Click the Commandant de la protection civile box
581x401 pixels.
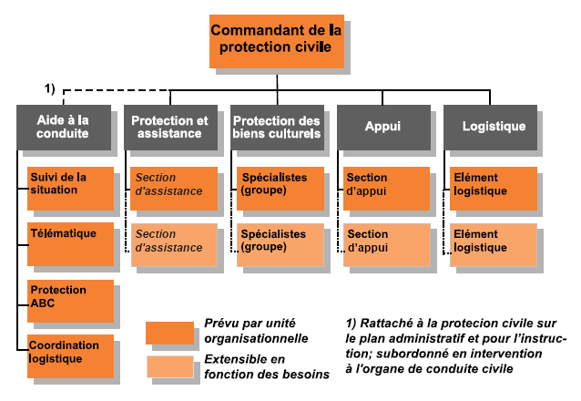277,41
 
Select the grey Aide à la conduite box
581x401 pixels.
64,128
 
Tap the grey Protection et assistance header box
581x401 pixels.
170,128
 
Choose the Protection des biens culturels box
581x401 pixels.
277,128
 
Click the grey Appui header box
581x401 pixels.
383,128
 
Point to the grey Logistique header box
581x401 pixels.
490,128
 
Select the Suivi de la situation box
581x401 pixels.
70,189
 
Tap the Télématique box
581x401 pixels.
70,244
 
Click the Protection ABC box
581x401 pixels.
70,302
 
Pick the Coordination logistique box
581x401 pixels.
70,356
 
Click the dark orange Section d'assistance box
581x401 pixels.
174,189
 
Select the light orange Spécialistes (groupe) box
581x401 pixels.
280,245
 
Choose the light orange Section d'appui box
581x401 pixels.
387,245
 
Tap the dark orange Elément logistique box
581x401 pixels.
494,189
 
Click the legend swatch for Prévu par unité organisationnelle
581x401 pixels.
169,334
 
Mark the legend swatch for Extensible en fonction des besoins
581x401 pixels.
170,367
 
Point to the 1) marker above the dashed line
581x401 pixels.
50,88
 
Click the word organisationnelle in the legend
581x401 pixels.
256,338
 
